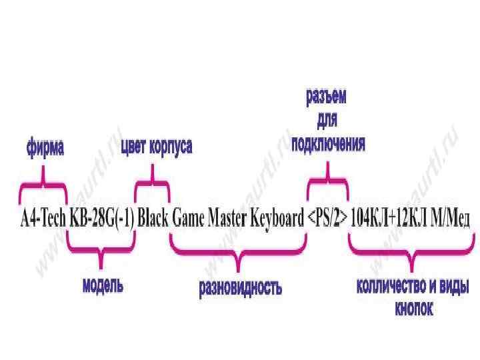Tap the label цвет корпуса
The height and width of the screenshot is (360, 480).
point(155,147)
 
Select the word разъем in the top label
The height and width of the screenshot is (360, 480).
point(326,97)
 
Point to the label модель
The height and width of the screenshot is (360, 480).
point(102,287)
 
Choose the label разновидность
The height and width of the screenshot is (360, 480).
point(240,289)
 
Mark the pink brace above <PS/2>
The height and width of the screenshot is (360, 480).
point(327,183)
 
